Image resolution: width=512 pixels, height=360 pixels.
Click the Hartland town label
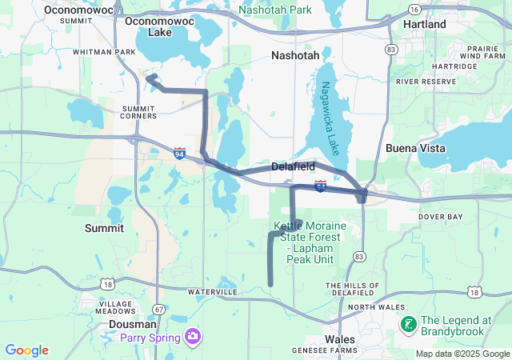(425, 25)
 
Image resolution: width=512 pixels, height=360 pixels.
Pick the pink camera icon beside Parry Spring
(192, 337)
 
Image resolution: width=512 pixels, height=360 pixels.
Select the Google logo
(26, 350)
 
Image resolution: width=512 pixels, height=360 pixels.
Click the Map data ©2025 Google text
(462, 354)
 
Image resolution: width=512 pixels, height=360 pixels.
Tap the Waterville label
(213, 293)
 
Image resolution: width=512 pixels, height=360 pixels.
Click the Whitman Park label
(104, 52)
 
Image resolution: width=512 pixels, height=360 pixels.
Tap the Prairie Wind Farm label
(482, 52)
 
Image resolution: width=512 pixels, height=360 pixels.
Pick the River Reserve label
(425, 82)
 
